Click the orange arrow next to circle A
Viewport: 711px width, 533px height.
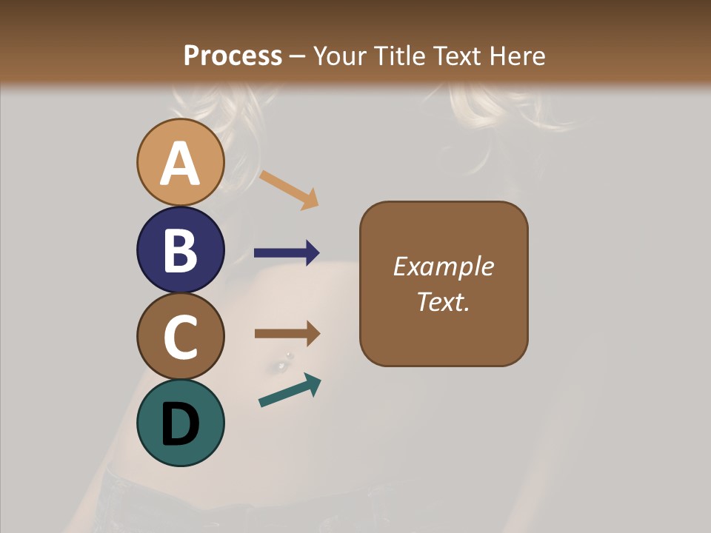[x=289, y=189]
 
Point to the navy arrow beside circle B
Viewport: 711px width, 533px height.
[x=287, y=253]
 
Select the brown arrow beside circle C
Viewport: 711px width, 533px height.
[x=287, y=334]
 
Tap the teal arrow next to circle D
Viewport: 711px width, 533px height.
[x=290, y=391]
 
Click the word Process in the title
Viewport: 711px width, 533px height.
[x=233, y=56]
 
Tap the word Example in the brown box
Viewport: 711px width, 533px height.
[x=444, y=266]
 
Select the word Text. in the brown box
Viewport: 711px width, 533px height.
[x=444, y=301]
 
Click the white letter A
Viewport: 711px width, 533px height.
[x=181, y=164]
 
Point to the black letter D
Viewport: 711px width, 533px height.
[x=181, y=425]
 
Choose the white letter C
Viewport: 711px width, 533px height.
[x=181, y=337]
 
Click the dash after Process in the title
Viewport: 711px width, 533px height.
[x=298, y=57]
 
